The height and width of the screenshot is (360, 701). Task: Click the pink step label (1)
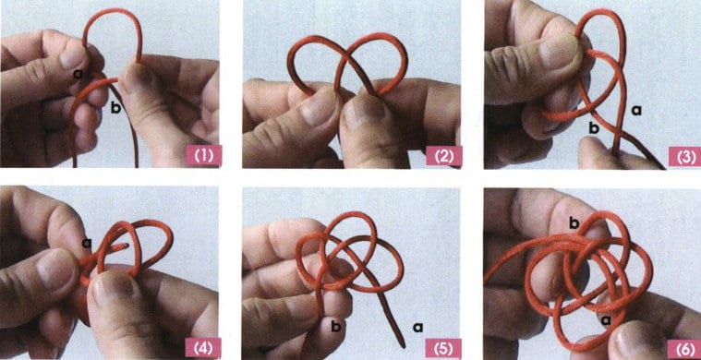[203, 156]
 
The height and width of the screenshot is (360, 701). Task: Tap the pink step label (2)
[443, 156]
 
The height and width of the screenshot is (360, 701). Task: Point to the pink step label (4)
[203, 346]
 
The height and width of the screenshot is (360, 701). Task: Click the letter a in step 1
[79, 74]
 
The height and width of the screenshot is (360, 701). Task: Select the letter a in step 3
[636, 109]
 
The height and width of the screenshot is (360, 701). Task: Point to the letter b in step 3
[594, 128]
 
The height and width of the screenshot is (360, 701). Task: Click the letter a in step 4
[87, 243]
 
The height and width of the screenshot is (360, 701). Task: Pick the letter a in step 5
[418, 329]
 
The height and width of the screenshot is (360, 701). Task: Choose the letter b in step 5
[336, 327]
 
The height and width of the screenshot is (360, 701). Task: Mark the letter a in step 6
[607, 319]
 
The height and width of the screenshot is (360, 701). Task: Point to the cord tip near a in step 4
[127, 245]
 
